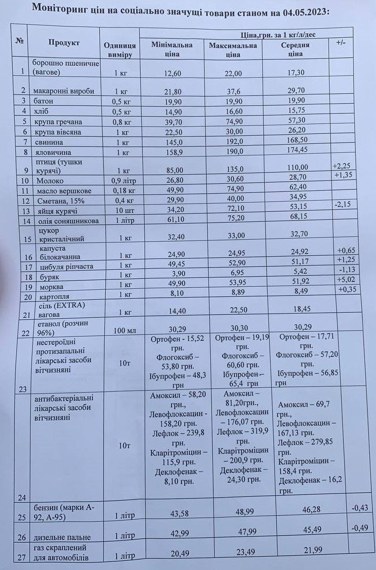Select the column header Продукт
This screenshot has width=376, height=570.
tap(64, 43)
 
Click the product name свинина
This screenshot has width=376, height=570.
tap(50, 141)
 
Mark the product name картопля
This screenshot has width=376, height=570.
tap(53, 296)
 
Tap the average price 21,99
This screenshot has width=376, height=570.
tap(295, 558)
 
